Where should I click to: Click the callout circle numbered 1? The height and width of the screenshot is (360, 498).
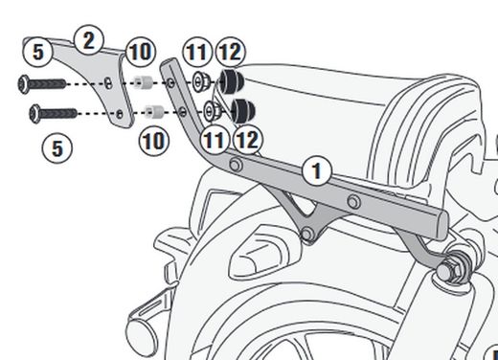317,172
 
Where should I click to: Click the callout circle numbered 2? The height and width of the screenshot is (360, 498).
88,40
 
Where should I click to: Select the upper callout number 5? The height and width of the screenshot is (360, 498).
35,49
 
